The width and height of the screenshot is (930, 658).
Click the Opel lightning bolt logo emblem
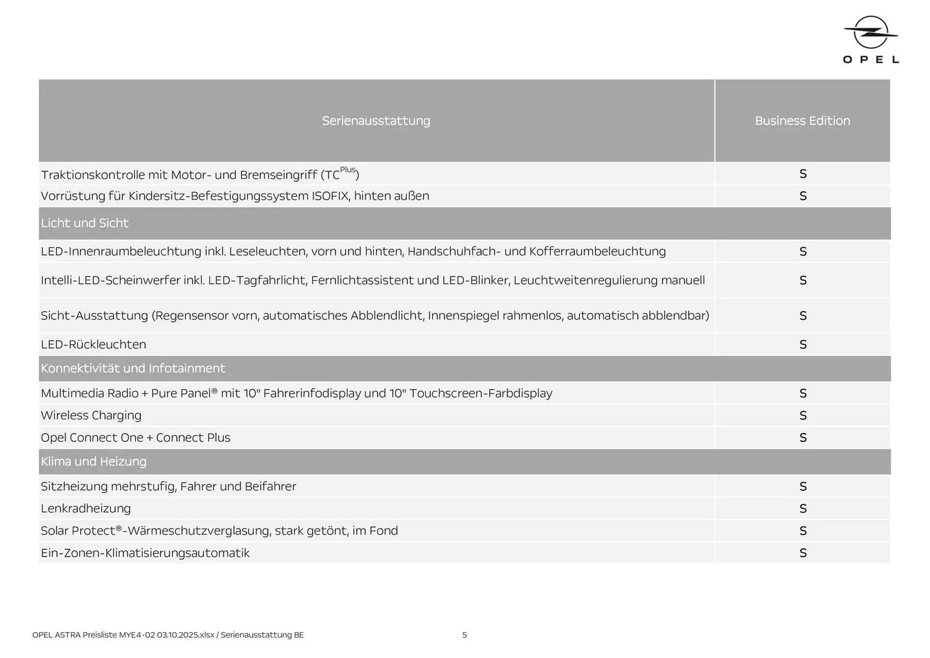(870, 32)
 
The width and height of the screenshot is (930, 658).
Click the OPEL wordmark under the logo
(870, 60)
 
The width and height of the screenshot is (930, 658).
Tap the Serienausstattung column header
(376, 121)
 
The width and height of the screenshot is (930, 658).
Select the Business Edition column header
(802, 121)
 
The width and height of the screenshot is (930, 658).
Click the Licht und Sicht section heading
(85, 223)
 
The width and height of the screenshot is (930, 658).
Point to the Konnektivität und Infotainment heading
(133, 368)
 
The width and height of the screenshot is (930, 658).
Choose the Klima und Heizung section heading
(93, 461)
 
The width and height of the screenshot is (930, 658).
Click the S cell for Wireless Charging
(803, 415)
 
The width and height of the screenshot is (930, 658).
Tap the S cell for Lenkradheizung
(803, 508)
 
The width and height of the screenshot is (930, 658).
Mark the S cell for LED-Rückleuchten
(803, 345)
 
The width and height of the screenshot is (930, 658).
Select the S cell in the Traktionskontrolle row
(803, 173)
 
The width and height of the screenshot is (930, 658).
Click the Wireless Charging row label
(91, 415)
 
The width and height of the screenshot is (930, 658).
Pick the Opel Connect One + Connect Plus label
(136, 438)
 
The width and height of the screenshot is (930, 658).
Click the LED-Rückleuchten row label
(93, 345)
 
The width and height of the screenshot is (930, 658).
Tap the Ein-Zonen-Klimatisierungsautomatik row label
(145, 553)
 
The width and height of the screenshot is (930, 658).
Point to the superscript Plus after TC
(348, 170)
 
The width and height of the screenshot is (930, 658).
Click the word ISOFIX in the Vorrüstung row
(330, 196)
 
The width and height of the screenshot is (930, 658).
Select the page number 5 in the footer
(465, 635)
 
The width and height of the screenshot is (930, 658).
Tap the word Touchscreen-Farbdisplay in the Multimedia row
(480, 393)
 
